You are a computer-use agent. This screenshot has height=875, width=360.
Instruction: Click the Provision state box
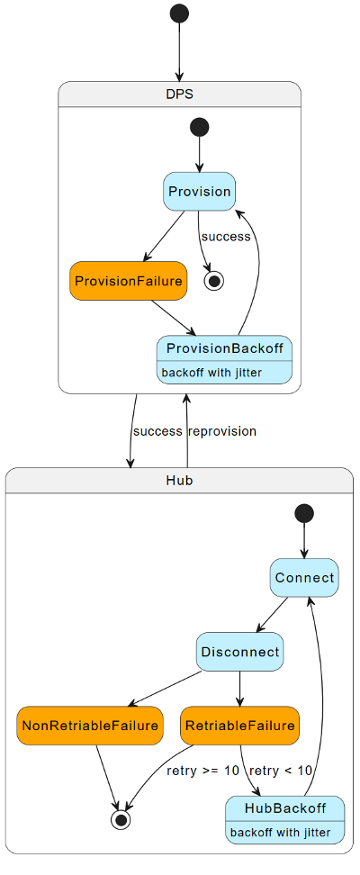point(199,191)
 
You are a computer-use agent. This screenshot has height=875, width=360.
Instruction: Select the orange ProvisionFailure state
point(128,281)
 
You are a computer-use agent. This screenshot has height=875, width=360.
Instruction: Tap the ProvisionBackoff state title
point(224,348)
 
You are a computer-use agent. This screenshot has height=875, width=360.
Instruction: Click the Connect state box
point(304,577)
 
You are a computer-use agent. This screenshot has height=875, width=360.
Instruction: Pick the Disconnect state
point(240,652)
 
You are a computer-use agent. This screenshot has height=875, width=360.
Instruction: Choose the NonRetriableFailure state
point(89,726)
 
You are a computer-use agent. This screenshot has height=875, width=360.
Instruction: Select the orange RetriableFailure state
point(238,726)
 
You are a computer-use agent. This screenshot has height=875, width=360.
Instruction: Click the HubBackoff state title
point(284,807)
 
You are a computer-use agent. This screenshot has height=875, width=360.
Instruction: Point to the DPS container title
point(179,94)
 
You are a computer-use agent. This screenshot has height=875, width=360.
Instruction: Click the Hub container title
point(179,481)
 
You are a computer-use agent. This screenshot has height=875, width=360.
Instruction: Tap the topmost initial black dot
point(179,14)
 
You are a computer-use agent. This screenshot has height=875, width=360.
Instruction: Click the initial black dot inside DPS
point(199,127)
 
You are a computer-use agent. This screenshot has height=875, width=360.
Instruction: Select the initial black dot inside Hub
point(304,513)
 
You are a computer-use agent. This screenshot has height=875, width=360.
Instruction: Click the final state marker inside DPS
point(214,281)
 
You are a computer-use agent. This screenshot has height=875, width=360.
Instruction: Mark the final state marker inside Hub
point(120,819)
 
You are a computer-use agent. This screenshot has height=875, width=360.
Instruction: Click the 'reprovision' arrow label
point(221,431)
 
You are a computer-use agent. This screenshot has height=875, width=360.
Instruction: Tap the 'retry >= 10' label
point(203,771)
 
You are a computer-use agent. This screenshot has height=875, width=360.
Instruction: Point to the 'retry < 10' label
point(281,771)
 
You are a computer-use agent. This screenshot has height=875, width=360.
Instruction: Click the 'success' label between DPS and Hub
point(157,431)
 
